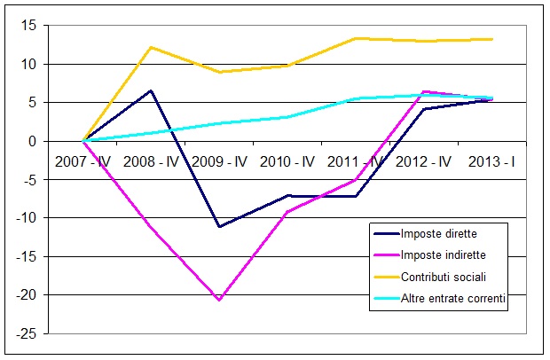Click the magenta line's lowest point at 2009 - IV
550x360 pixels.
click(219, 300)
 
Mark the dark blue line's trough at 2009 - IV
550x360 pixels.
click(219, 227)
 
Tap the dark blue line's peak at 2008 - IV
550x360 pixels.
click(152, 90)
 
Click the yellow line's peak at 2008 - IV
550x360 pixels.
click(152, 47)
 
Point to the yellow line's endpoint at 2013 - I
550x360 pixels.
click(492, 39)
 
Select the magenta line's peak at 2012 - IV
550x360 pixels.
click(424, 91)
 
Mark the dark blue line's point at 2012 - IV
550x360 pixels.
click(424, 109)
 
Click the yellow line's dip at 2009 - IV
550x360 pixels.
click(219, 72)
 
